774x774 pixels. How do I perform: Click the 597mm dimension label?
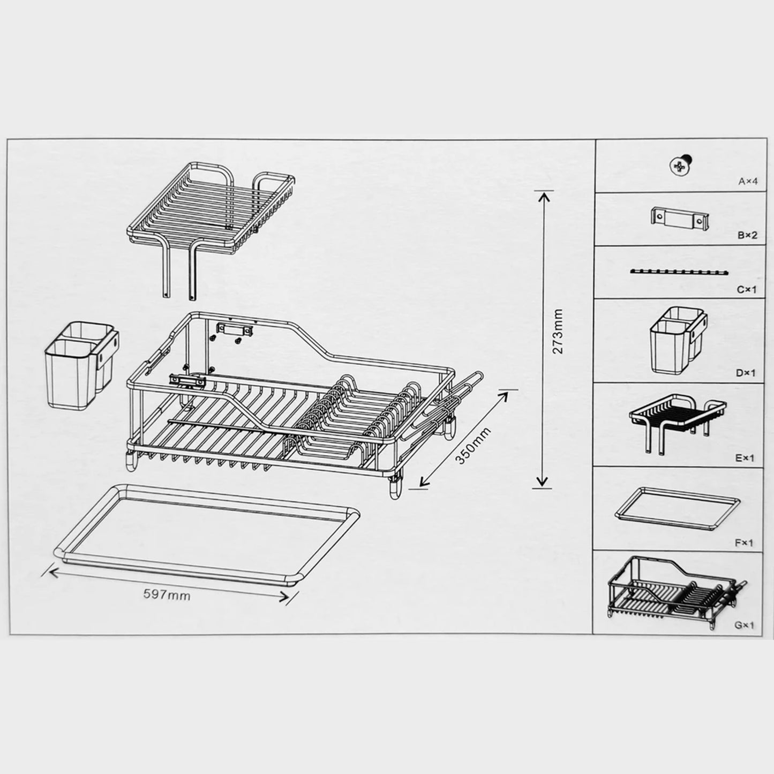click(167, 594)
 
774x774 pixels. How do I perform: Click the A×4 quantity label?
click(748, 182)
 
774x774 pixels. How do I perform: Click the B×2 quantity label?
click(747, 235)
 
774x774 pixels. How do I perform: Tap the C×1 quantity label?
click(747, 289)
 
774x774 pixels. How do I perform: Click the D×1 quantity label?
click(745, 373)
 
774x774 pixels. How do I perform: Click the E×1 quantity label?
click(745, 458)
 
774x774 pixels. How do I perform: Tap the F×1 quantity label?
click(744, 543)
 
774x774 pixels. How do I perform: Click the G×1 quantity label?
click(744, 625)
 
